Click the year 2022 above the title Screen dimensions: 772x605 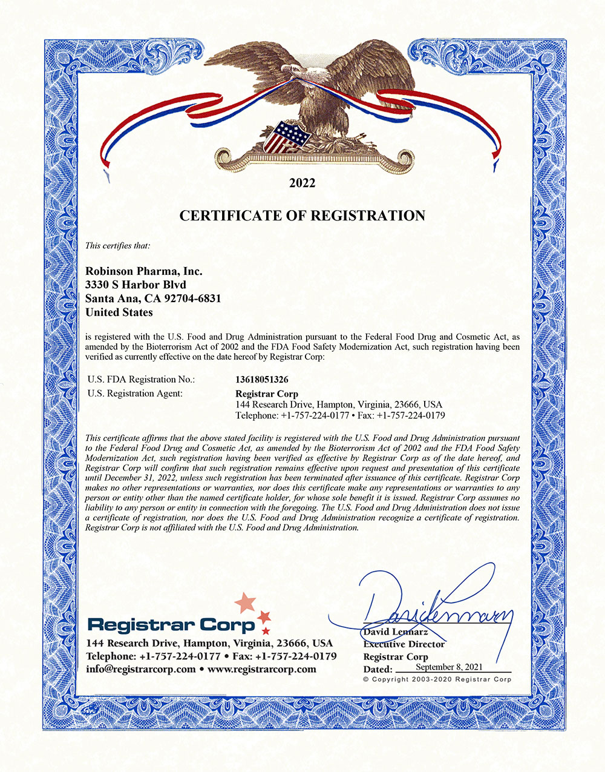pyautogui.click(x=302, y=183)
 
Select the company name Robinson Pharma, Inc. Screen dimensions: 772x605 pyautogui.click(x=144, y=271)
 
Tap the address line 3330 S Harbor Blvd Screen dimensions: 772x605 pyautogui.click(x=136, y=285)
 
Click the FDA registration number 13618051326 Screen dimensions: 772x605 pyautogui.click(x=261, y=380)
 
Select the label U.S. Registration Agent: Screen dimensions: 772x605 pyautogui.click(x=135, y=394)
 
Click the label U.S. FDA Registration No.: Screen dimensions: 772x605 pyautogui.click(x=142, y=380)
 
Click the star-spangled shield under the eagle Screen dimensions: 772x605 pyautogui.click(x=289, y=136)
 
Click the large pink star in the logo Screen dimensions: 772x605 pyautogui.click(x=245, y=602)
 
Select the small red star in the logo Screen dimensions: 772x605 pyautogui.click(x=264, y=617)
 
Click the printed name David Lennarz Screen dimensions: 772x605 pyautogui.click(x=396, y=633)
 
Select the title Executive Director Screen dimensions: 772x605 pyautogui.click(x=404, y=644)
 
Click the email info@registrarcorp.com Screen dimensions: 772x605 pyautogui.click(x=141, y=669)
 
